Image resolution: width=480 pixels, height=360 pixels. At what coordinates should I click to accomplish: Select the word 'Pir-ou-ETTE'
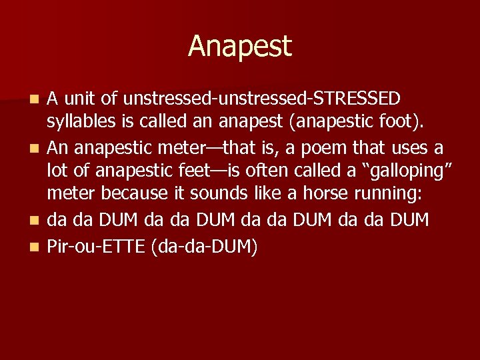click(x=96, y=247)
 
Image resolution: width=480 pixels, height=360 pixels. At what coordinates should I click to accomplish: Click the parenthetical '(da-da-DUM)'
click(x=205, y=247)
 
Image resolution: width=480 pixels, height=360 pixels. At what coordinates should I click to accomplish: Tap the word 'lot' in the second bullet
click(x=59, y=171)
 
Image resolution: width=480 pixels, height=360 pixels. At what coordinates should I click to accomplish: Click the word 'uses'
click(x=411, y=147)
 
